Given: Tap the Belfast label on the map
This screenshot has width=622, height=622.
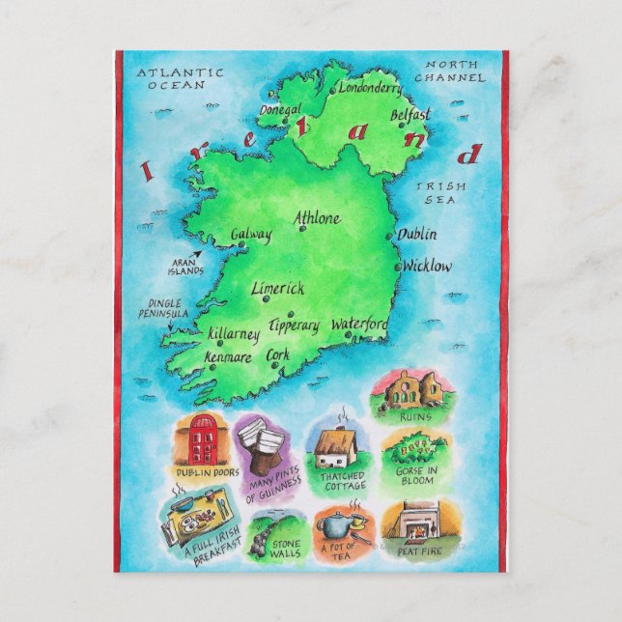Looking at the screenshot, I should tap(410, 115).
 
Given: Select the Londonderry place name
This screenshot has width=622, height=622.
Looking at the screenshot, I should tap(372, 87).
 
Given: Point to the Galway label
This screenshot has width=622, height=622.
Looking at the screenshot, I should tap(251, 235).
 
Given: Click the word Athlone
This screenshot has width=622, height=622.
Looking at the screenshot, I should tap(317, 218).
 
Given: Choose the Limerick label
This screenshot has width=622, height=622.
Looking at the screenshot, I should tap(277, 288).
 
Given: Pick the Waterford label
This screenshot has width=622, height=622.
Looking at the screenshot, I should tap(359, 325).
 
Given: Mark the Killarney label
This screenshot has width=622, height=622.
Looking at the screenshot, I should tap(234, 334).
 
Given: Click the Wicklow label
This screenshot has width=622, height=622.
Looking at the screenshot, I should tap(427, 265).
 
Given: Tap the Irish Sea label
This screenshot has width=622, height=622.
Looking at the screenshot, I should tap(440, 192).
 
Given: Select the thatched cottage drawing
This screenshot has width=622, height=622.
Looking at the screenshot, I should tap(337, 446).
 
